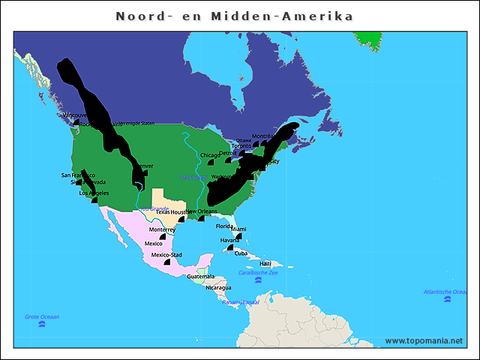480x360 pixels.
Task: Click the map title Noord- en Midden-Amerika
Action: click(x=235, y=16)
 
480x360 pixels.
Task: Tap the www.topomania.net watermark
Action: click(x=424, y=340)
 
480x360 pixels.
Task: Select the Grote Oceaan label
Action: click(x=42, y=316)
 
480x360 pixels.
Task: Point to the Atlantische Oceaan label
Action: click(x=446, y=291)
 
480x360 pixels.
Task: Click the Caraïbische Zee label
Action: click(x=258, y=272)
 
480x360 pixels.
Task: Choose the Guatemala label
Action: click(x=200, y=277)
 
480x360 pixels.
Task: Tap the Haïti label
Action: click(x=265, y=264)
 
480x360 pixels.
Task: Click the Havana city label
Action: click(x=230, y=241)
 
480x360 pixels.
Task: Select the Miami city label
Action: click(x=238, y=229)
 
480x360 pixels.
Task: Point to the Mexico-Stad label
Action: click(x=166, y=255)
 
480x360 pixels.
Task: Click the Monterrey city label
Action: click(x=161, y=229)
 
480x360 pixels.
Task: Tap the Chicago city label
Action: click(x=210, y=155)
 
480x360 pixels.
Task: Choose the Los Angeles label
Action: click(x=94, y=193)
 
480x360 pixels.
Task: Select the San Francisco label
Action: click(x=78, y=175)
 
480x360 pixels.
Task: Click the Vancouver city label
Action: click(x=74, y=115)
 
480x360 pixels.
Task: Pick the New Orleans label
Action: click(x=202, y=211)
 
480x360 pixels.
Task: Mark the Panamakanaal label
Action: click(x=241, y=302)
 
